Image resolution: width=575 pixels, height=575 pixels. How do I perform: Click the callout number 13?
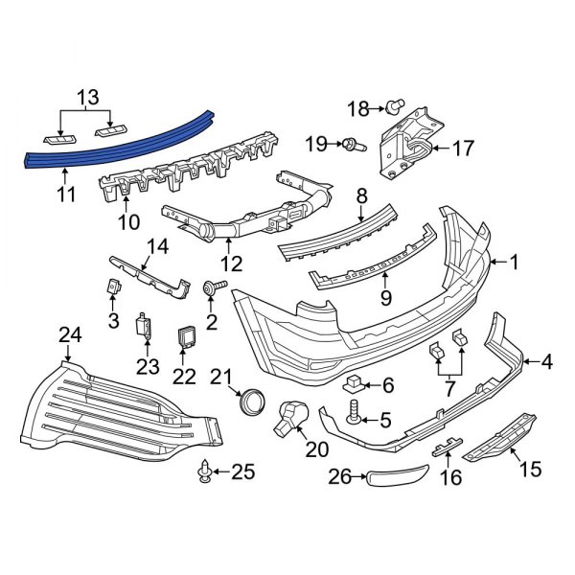[87, 97]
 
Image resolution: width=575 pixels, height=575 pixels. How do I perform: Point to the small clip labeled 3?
[111, 285]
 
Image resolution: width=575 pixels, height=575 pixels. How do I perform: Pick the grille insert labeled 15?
[499, 436]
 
